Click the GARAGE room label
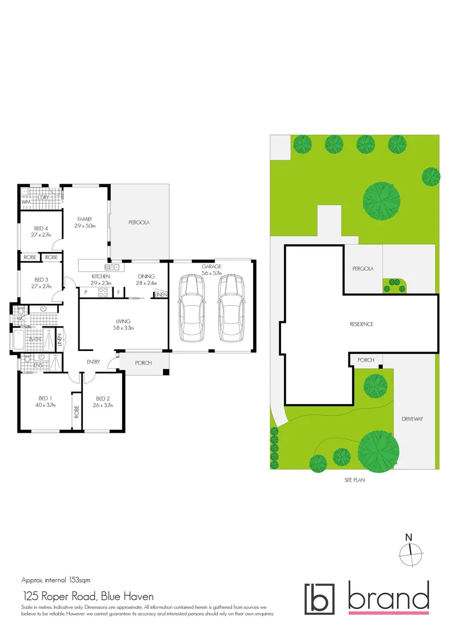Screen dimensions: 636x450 [x=211, y=267]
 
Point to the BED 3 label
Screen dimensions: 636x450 [x=41, y=279]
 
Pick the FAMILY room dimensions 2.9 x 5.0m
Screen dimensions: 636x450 [x=85, y=226]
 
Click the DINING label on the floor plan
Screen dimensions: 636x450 [x=145, y=276]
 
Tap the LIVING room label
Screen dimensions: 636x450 [x=123, y=321]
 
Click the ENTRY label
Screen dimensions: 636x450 [x=93, y=362]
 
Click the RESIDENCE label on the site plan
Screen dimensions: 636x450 [x=362, y=324]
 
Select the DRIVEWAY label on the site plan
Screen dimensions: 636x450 [x=412, y=419]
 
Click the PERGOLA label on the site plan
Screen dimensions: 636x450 [x=363, y=269]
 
